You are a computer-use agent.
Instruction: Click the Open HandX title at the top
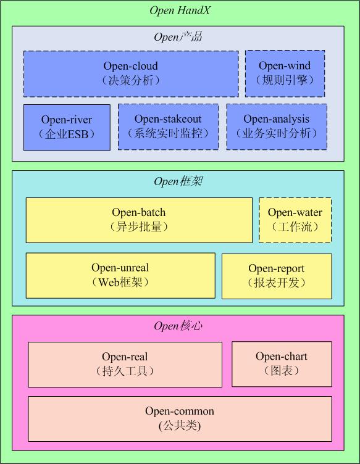(180, 10)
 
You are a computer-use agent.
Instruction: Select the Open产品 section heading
(178, 37)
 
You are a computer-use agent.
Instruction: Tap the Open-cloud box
(131, 73)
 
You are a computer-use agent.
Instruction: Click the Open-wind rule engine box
(285, 73)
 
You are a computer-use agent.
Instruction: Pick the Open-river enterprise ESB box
(67, 128)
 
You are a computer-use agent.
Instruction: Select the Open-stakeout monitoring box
(168, 126)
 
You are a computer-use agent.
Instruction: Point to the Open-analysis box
(277, 126)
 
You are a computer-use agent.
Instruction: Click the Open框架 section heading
(178, 181)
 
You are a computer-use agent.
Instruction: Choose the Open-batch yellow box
(139, 220)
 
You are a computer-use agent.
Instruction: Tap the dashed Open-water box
(295, 220)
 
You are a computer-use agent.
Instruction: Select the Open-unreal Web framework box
(120, 275)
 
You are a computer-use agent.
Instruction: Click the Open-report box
(277, 276)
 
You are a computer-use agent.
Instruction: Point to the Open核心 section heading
(178, 326)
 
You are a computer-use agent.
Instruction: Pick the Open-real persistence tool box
(125, 365)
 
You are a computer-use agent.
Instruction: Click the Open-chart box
(282, 364)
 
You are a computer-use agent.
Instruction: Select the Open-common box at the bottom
(180, 419)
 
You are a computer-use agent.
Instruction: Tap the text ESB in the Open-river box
(78, 135)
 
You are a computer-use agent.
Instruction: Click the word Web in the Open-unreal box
(108, 283)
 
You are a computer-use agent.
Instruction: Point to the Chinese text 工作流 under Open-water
(295, 227)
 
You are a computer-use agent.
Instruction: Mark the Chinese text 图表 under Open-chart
(282, 371)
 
